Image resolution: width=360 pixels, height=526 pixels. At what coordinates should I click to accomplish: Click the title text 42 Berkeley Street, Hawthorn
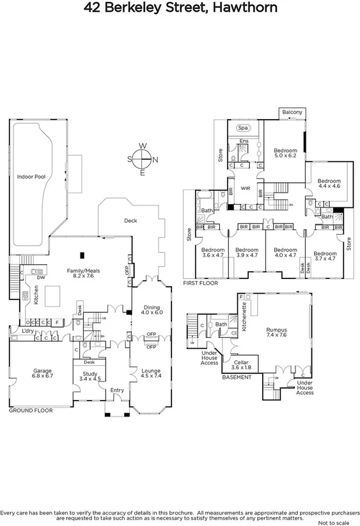tap(180, 8)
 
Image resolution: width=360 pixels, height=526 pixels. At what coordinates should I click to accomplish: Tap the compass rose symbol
tap(143, 159)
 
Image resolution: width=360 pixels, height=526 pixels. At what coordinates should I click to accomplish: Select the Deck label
tap(130, 221)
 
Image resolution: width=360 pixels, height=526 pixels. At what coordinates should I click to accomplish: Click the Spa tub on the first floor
tap(244, 128)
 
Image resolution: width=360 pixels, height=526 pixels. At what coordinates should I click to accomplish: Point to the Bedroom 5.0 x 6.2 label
tap(285, 153)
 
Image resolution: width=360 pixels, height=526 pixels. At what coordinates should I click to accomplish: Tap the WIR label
tap(245, 188)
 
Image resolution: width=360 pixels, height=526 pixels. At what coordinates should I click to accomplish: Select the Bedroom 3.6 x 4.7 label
tap(213, 253)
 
